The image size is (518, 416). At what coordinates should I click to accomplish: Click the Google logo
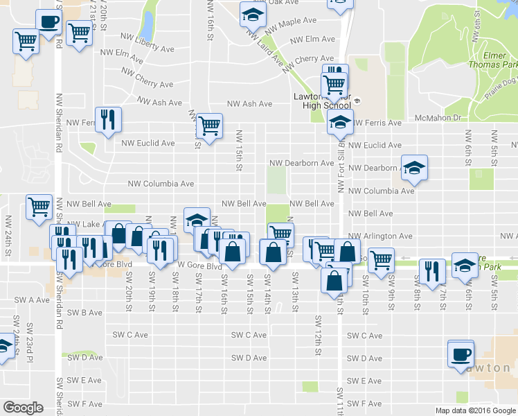24,407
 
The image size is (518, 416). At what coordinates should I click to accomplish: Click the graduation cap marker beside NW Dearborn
414,167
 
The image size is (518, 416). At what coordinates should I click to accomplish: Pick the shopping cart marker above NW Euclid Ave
208,125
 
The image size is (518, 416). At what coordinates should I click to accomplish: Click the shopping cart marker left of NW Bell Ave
39,206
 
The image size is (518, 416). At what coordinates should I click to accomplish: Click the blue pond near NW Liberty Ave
146,26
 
